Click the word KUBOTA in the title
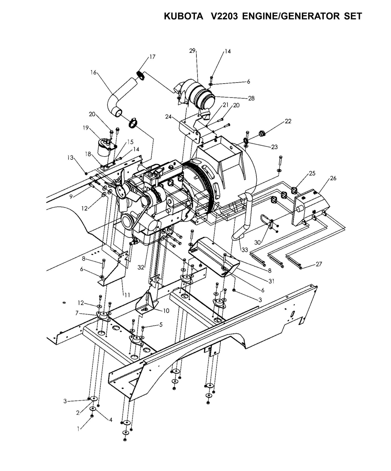pyautogui.click(x=184, y=17)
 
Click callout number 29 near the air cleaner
pyautogui.click(x=192, y=51)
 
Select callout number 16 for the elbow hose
pyautogui.click(x=93, y=72)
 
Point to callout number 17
pyautogui.click(x=152, y=57)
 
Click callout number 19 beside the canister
pyautogui.click(x=86, y=128)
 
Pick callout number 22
pyautogui.click(x=288, y=121)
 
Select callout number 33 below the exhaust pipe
pyautogui.click(x=245, y=250)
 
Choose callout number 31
pyautogui.click(x=271, y=281)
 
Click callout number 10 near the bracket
pyautogui.click(x=166, y=311)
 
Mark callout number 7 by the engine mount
pyautogui.click(x=77, y=313)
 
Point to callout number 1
pyautogui.click(x=78, y=429)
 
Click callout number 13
pyautogui.click(x=70, y=157)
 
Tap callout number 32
pyautogui.click(x=140, y=268)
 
